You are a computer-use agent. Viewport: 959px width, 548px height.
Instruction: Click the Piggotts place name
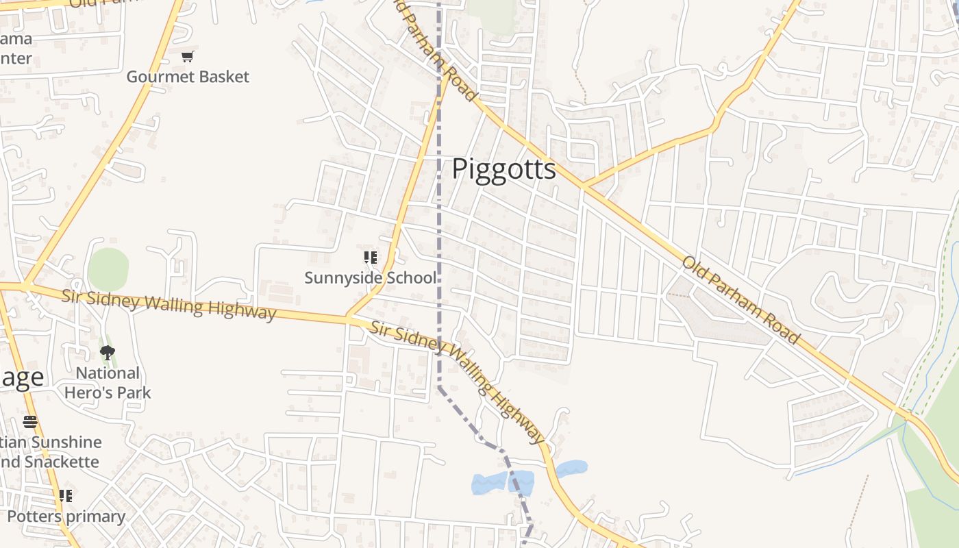tap(503, 169)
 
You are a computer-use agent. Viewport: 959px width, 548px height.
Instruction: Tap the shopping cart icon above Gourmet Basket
tap(187, 56)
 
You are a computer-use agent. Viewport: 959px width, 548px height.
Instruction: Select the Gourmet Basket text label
tap(188, 77)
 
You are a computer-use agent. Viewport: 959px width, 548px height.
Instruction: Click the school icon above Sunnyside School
tap(370, 258)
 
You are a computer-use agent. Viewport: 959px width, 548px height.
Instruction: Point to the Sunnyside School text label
tap(370, 277)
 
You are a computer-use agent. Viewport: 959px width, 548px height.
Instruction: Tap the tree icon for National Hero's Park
tap(107, 353)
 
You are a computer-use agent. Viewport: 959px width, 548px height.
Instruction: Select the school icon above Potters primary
tap(65, 495)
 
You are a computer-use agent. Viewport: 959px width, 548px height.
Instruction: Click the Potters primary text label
tap(66, 516)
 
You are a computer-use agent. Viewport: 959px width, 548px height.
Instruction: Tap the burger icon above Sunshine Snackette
tap(30, 421)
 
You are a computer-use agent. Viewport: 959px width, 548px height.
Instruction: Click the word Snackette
tap(62, 462)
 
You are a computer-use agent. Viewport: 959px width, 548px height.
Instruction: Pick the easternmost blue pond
tap(571, 469)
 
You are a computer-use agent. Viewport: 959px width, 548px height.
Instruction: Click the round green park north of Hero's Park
tap(108, 269)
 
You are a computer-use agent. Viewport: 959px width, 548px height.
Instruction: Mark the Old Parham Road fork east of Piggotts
tap(583, 186)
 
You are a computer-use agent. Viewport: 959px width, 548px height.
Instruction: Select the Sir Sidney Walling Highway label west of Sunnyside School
tap(169, 305)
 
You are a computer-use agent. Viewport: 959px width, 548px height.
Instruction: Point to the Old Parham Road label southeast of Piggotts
tap(740, 300)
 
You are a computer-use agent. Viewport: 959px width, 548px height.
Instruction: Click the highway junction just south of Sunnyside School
tap(348, 319)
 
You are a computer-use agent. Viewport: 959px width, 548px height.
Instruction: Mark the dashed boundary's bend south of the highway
tap(440, 388)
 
